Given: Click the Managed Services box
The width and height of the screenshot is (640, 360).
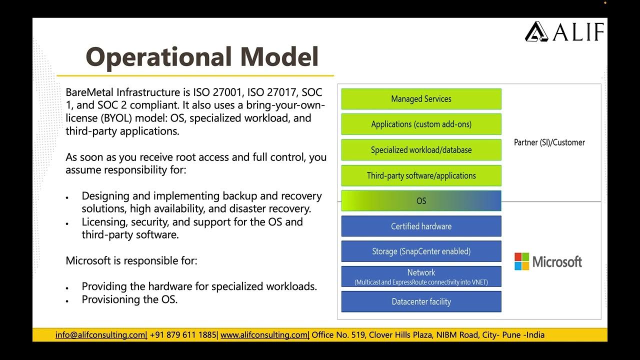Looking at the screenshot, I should (421, 99).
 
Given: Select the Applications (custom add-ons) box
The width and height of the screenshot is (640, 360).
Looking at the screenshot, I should (421, 124).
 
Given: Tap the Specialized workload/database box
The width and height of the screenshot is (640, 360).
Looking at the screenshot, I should (421, 150).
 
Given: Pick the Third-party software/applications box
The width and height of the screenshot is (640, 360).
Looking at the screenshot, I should (421, 175).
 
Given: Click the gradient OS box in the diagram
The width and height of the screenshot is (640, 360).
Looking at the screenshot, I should (421, 201).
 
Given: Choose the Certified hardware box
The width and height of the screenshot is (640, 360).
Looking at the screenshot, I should (421, 226).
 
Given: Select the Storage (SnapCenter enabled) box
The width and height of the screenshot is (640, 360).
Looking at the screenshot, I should (421, 251).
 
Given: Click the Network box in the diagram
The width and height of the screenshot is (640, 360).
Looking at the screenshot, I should (421, 276).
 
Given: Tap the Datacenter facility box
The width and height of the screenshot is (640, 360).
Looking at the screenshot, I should (421, 302).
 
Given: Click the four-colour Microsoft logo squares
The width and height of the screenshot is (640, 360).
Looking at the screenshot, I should (521, 261).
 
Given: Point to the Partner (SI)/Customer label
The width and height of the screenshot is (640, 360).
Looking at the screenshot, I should (549, 142).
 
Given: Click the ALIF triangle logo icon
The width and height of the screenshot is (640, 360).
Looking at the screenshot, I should (536, 31).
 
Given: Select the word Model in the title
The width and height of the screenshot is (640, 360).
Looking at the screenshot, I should (279, 57).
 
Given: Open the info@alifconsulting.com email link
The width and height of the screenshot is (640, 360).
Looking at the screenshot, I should (100, 335).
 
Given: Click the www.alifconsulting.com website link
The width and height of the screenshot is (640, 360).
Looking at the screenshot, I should (264, 335).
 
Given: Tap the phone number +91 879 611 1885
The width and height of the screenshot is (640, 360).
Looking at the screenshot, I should (183, 335).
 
